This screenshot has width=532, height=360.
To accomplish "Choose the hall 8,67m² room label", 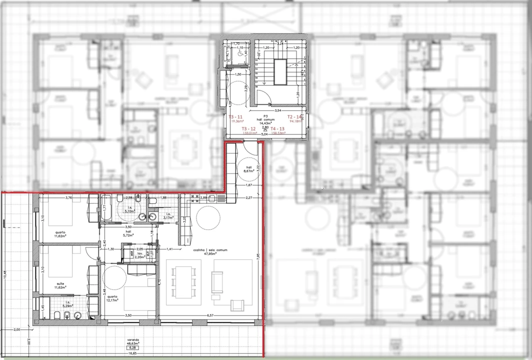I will [248, 169].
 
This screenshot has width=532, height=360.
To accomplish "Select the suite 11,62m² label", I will [61, 285].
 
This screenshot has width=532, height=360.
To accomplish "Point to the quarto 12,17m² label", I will [112, 298].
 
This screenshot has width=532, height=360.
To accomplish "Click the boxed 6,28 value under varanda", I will [133, 348].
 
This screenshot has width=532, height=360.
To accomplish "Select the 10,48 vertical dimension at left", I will [5, 275].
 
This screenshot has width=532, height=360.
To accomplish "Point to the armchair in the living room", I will [237, 305].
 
